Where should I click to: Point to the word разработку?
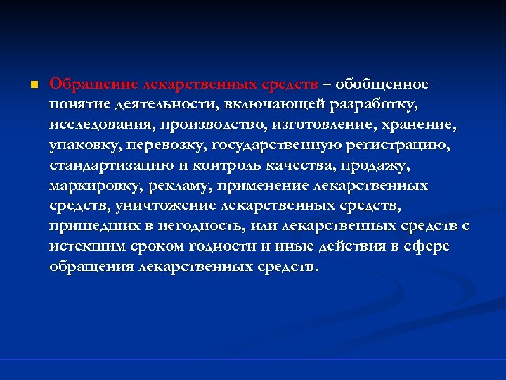click(382, 105)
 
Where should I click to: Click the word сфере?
click(429, 248)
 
